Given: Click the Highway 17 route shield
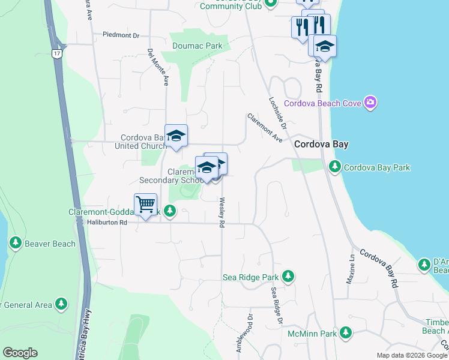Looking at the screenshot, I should [x=57, y=53].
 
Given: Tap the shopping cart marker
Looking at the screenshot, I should [x=145, y=205].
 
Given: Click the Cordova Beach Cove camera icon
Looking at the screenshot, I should [x=370, y=103].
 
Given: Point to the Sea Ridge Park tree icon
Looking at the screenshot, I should [x=289, y=277].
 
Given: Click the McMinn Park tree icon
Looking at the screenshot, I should [x=345, y=332].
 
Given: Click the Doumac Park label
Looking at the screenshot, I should [x=197, y=46].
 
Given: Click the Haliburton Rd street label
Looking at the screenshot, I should [x=107, y=223].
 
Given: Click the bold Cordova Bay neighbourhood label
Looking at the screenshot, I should [x=321, y=145].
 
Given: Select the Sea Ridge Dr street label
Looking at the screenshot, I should [x=276, y=305].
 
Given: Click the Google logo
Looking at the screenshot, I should [x=20, y=353].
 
